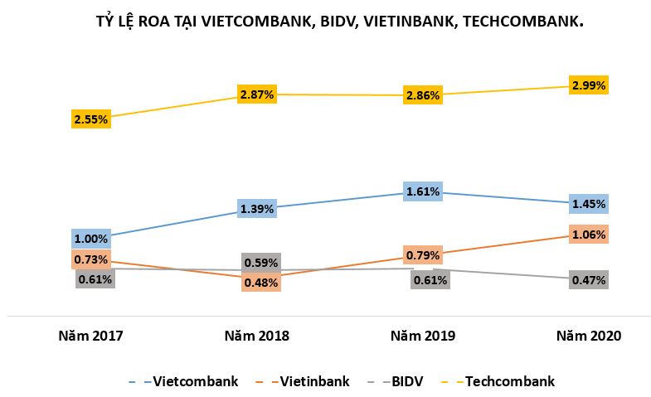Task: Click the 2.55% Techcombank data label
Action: [x=91, y=119]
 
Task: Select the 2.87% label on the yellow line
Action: [x=257, y=94]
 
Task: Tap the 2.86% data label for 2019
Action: [x=423, y=95]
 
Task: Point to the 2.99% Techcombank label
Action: [x=589, y=85]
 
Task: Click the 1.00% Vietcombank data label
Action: [x=91, y=239]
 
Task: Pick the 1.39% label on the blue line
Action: [x=257, y=209]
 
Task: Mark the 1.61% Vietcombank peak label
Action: [x=423, y=192]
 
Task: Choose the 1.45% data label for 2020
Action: [x=589, y=203]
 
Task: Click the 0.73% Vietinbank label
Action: [x=91, y=259]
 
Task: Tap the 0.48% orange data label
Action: [x=261, y=282]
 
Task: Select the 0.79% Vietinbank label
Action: [x=423, y=254]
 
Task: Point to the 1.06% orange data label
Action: [x=589, y=235]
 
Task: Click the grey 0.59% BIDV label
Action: [x=261, y=264]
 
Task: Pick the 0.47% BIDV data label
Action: [x=589, y=280]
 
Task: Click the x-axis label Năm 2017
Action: [x=90, y=336]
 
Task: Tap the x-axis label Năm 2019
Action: [x=423, y=336]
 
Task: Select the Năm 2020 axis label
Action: [x=589, y=336]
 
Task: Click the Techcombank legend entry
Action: [x=509, y=381]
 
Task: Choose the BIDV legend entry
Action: [x=406, y=381]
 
